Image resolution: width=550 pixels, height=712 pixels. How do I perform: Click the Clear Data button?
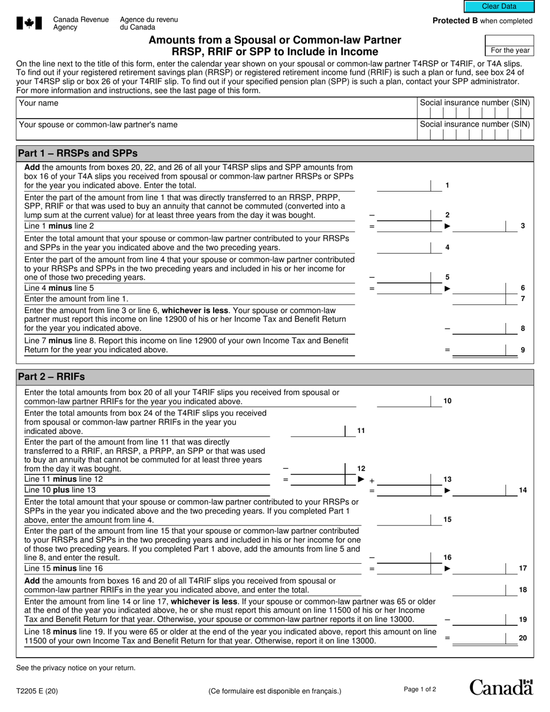coord(499,6)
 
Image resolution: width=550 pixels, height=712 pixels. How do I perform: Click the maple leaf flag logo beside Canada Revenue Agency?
coord(29,23)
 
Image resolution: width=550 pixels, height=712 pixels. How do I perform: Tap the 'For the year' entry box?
coord(509,41)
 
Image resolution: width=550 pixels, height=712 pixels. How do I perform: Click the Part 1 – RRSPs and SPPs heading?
coord(78,153)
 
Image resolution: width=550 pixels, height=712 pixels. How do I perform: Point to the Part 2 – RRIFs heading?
coord(52,377)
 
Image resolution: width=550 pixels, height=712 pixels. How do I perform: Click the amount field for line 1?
coord(404,185)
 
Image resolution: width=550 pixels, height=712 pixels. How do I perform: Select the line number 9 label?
coord(523,350)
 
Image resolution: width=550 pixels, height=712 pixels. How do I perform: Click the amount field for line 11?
coord(317,431)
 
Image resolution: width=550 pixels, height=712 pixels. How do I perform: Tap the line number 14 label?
coord(523,490)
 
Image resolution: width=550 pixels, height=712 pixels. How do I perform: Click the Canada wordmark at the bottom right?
coord(501,687)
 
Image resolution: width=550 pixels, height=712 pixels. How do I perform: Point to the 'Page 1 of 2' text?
coord(420,689)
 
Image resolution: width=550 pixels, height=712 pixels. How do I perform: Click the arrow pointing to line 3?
coord(447,226)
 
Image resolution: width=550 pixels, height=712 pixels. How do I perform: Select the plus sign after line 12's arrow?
coord(372,480)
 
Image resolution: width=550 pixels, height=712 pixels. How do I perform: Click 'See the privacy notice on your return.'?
coord(76,668)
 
